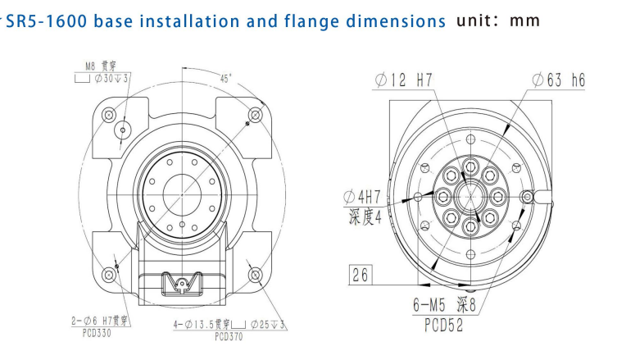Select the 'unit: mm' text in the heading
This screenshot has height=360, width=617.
pyautogui.click(x=499, y=19)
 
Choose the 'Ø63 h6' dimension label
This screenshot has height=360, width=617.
pyautogui.click(x=557, y=82)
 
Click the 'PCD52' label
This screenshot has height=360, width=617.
pyautogui.click(x=442, y=326)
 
